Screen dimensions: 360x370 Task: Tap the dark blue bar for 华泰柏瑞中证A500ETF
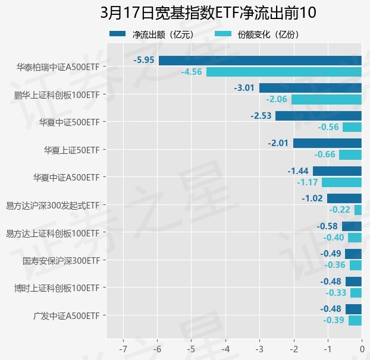260,60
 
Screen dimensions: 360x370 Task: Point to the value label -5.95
145,60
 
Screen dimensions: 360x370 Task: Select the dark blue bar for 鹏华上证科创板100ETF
310,88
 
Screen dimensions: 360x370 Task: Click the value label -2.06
277,99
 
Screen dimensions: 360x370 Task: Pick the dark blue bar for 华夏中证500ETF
318,115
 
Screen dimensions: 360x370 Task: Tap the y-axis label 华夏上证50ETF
72,150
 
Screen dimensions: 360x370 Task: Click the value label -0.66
326,154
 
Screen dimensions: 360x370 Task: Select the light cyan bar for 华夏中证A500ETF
341,182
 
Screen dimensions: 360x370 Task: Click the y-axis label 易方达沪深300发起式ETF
52,206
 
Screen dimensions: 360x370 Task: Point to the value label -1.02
312,198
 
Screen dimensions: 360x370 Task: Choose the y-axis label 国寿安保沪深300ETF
61,261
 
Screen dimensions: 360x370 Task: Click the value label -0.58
327,226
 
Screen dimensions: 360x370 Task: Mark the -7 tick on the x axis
123,348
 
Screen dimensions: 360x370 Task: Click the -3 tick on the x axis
259,348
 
